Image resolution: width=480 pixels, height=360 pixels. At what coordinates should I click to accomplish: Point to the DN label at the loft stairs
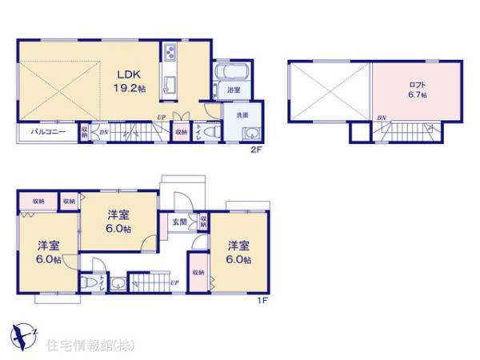point(382,119)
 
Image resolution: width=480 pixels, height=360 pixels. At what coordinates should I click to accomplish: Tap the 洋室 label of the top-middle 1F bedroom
point(119,214)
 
